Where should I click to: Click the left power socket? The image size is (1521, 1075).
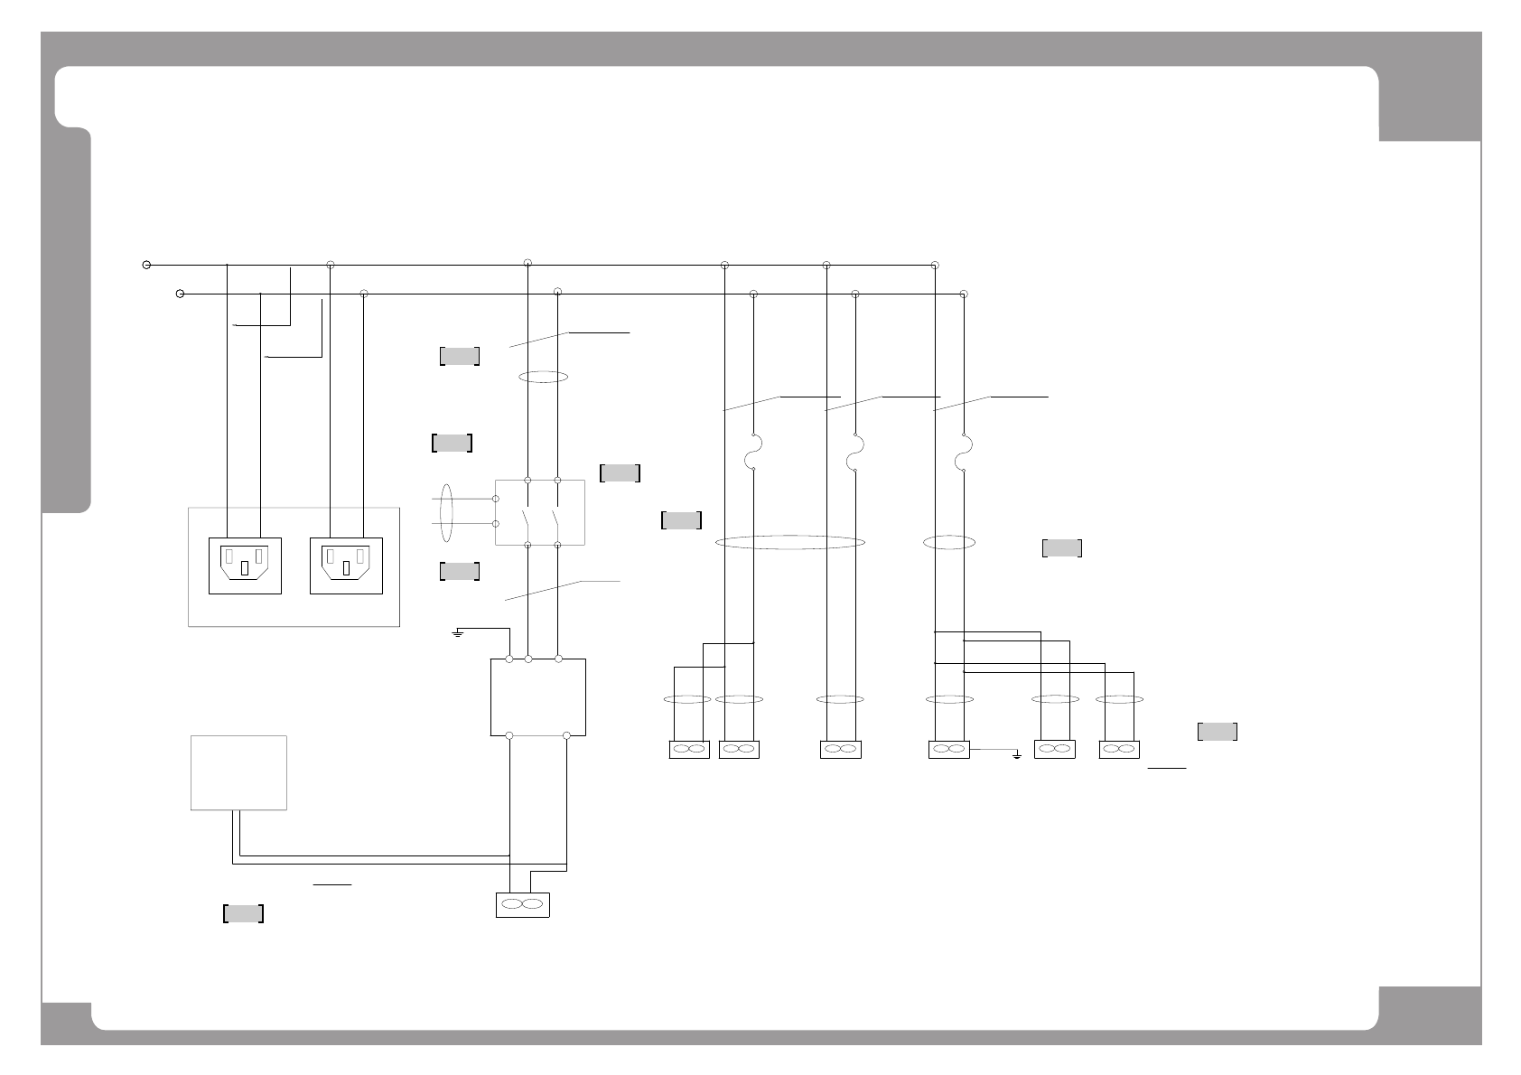[245, 566]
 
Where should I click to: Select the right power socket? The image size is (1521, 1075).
[346, 566]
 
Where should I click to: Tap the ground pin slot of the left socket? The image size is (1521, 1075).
[245, 568]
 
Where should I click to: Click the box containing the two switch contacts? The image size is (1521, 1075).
[540, 512]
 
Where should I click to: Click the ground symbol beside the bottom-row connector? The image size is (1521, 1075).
[1017, 753]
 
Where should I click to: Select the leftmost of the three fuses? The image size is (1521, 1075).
[752, 453]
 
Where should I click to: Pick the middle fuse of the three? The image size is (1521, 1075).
[854, 453]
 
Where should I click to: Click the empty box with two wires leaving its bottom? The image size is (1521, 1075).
[239, 772]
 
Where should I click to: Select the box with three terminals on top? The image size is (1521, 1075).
[538, 696]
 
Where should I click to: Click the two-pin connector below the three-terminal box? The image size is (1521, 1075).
[522, 904]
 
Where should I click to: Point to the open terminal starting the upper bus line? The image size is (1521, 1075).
[146, 265]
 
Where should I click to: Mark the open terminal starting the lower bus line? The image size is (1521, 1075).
[180, 294]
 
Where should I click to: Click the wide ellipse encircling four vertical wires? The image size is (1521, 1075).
[789, 542]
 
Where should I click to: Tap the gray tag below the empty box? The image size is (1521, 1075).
[243, 913]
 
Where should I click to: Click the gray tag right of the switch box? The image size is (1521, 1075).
[620, 472]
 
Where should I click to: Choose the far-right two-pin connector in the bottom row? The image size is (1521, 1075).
[1119, 749]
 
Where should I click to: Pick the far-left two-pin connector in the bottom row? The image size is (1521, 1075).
[689, 749]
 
